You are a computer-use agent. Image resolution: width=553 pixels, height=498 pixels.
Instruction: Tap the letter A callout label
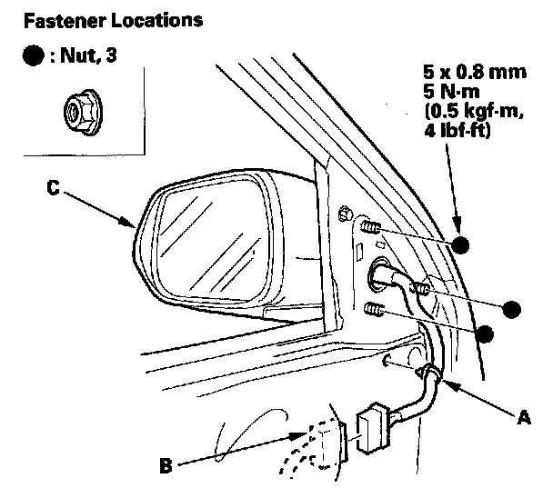click(x=522, y=419)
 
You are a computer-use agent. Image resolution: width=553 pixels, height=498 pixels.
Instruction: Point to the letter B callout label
click(x=166, y=466)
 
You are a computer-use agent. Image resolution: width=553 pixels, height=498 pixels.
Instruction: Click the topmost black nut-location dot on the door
click(x=461, y=246)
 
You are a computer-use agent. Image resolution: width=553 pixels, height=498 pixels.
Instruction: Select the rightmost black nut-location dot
click(x=512, y=310)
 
